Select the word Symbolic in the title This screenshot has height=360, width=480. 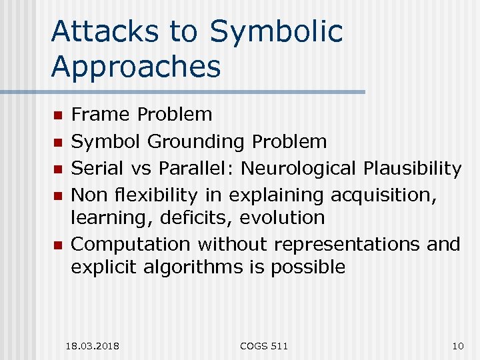(x=276, y=32)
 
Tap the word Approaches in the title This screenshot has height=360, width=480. (x=135, y=67)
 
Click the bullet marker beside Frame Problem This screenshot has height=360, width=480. (x=58, y=115)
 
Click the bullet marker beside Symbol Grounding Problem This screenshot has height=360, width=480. (x=58, y=143)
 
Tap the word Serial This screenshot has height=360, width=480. (x=97, y=169)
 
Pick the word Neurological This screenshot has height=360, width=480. (x=299, y=169)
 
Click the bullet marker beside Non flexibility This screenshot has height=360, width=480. (x=58, y=197)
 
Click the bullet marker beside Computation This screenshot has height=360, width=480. (x=58, y=246)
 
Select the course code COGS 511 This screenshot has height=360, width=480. (x=264, y=345)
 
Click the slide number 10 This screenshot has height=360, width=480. (x=457, y=345)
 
